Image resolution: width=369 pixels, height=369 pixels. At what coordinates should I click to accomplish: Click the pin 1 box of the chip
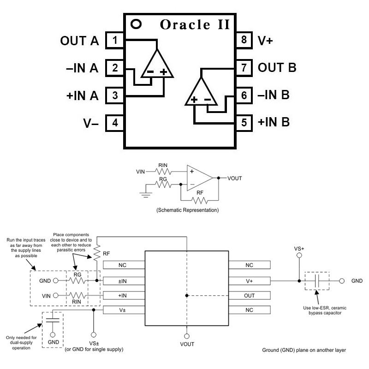coord(114,41)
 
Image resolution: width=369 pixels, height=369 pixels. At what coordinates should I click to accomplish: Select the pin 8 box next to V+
coord(244,41)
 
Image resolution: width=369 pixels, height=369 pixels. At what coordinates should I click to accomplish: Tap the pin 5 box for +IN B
coord(244,123)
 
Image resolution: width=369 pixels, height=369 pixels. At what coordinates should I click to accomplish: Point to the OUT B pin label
coord(277,68)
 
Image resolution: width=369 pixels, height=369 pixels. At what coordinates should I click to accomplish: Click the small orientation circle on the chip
coord(136,23)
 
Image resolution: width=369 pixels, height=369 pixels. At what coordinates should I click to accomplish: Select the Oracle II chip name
coord(194,24)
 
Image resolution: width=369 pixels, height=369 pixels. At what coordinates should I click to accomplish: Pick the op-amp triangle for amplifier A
coord(156,65)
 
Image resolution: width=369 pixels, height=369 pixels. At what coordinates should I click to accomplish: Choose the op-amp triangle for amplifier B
coord(201,92)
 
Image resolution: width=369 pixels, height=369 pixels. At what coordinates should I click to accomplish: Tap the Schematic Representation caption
coord(188,210)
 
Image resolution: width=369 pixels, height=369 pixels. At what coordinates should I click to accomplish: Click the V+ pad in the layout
coord(249,280)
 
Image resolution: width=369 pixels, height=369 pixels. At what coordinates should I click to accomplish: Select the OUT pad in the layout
coord(249,295)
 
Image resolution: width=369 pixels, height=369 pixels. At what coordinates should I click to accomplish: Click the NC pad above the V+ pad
coord(249,266)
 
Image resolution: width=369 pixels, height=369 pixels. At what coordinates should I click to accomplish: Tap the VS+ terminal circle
coord(299,255)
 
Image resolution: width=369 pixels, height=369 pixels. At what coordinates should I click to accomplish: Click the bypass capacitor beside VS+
coord(317,280)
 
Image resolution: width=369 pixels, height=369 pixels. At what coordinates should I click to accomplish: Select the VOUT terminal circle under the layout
coord(187,336)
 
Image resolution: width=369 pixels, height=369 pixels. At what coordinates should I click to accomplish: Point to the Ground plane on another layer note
coord(304,350)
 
